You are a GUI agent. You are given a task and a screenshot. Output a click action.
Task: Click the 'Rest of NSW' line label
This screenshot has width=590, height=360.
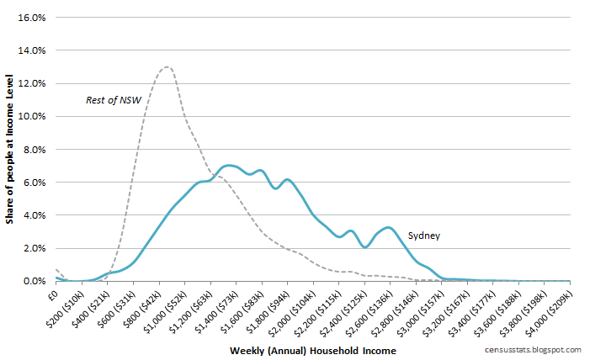point(113,100)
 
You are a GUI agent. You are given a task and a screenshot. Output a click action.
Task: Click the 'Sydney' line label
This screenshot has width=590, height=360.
point(424,236)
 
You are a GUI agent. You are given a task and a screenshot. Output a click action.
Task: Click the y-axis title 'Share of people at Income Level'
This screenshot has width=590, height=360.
point(9,150)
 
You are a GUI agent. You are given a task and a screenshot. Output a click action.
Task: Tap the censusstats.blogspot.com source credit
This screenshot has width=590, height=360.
point(533,349)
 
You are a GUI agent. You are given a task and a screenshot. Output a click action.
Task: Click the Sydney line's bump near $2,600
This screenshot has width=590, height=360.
point(387,227)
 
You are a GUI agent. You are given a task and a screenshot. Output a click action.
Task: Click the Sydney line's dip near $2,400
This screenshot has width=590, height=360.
point(364,246)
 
